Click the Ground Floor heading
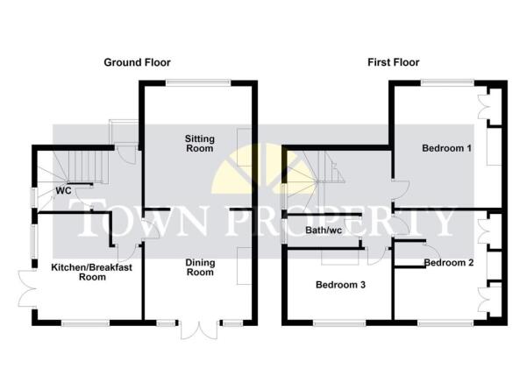click(x=137, y=62)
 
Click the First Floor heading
click(x=393, y=62)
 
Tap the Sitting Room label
click(x=200, y=144)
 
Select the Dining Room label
click(x=200, y=267)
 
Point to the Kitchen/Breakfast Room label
click(x=92, y=272)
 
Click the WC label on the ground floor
click(x=63, y=191)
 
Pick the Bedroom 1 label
click(x=446, y=148)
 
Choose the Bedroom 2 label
click(x=449, y=262)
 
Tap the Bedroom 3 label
click(x=340, y=285)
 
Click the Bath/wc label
click(x=324, y=231)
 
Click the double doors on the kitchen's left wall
click(x=27, y=288)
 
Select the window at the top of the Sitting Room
click(x=198, y=82)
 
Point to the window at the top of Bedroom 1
click(x=447, y=82)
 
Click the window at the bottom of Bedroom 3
click(x=339, y=323)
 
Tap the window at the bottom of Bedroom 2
click(x=445, y=323)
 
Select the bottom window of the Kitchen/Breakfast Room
click(x=85, y=323)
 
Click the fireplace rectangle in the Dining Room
click(x=244, y=266)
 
